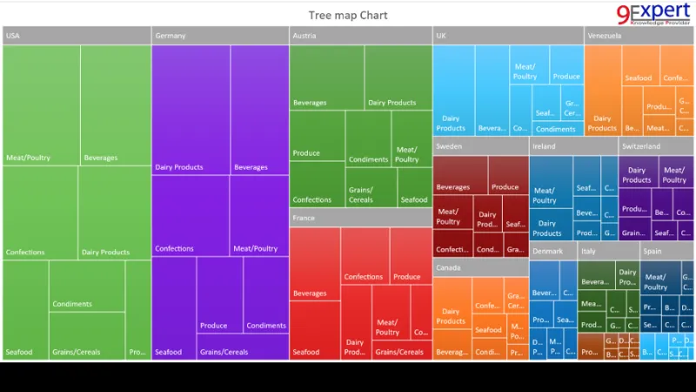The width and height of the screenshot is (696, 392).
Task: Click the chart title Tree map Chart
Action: point(348,15)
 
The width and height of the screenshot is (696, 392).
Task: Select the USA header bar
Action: point(76,36)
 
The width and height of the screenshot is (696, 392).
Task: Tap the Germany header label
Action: point(171,36)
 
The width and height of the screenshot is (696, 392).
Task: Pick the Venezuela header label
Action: point(605,36)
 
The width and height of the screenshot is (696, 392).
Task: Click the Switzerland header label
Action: point(641,146)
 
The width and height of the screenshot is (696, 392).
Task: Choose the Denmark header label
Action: point(547,251)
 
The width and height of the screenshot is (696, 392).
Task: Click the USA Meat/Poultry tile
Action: point(41,105)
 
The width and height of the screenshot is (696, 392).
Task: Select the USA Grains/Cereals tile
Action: point(86,336)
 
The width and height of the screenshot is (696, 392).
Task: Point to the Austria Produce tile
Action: point(317,136)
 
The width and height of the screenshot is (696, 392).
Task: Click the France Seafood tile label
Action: point(306,352)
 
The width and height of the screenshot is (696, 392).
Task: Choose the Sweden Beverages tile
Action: point(459,174)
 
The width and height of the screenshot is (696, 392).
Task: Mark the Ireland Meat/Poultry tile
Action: point(550,183)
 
